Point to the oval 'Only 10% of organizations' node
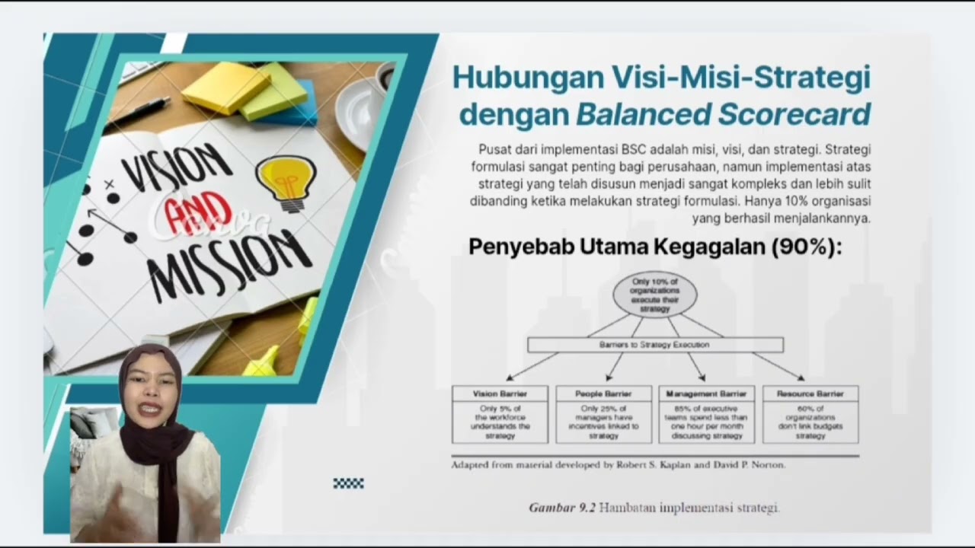(x=654, y=295)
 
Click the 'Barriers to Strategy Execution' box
(x=655, y=345)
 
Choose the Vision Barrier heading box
(x=500, y=394)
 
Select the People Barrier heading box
(x=603, y=394)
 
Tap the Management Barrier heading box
(x=706, y=394)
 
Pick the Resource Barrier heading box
(x=810, y=394)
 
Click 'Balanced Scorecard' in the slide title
(x=723, y=114)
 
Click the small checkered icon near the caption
(x=348, y=483)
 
